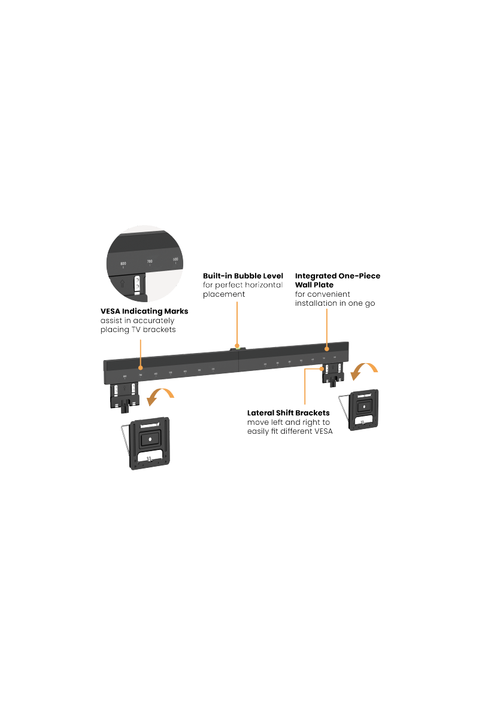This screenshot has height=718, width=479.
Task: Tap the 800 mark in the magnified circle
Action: [123, 263]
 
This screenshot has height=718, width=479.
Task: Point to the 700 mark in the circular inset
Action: [150, 261]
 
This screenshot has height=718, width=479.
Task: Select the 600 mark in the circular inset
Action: [175, 259]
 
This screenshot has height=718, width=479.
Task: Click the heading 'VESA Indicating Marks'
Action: [144, 311]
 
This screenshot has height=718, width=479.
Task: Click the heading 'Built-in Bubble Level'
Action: [242, 276]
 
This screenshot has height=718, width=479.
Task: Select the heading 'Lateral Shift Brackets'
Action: [289, 413]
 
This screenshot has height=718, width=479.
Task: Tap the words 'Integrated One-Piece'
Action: [337, 276]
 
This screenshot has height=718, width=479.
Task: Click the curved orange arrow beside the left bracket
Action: [160, 395]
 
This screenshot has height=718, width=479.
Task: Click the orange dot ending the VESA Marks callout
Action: [140, 367]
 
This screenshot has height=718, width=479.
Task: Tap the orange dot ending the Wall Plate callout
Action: [326, 348]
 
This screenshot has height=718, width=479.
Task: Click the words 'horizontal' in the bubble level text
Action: [262, 285]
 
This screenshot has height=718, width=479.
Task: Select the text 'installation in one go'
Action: [335, 303]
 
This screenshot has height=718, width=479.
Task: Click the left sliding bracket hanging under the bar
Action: [124, 397]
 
